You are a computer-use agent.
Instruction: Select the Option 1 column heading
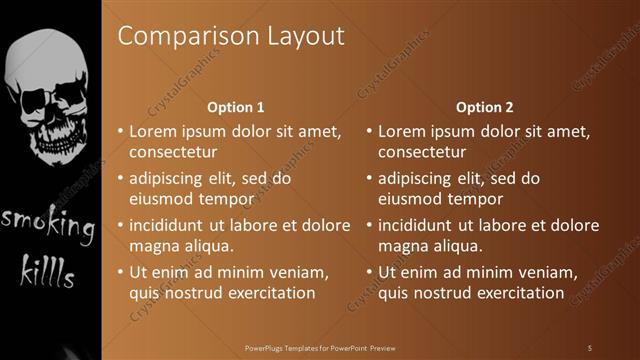point(235,107)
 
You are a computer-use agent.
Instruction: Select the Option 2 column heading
point(484,107)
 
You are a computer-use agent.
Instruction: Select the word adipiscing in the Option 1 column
point(170,179)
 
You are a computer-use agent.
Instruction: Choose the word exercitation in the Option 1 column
point(272,293)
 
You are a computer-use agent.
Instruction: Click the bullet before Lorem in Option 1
point(120,131)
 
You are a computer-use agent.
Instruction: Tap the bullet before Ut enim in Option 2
point(369,272)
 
